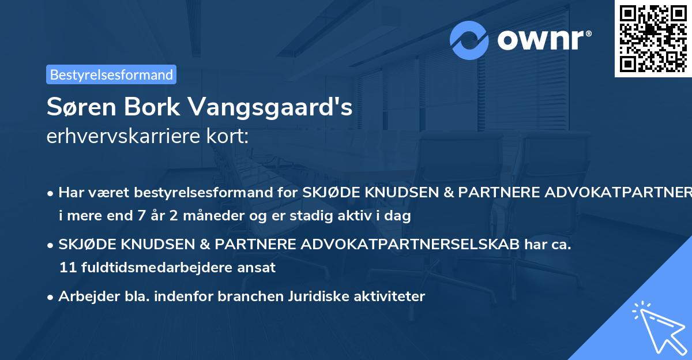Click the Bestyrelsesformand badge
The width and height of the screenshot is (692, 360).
pos(111,74)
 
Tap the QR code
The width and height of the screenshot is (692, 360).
pos(653,38)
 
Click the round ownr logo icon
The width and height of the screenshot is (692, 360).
pos(469,40)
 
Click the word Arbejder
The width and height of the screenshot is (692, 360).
pos(86,297)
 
